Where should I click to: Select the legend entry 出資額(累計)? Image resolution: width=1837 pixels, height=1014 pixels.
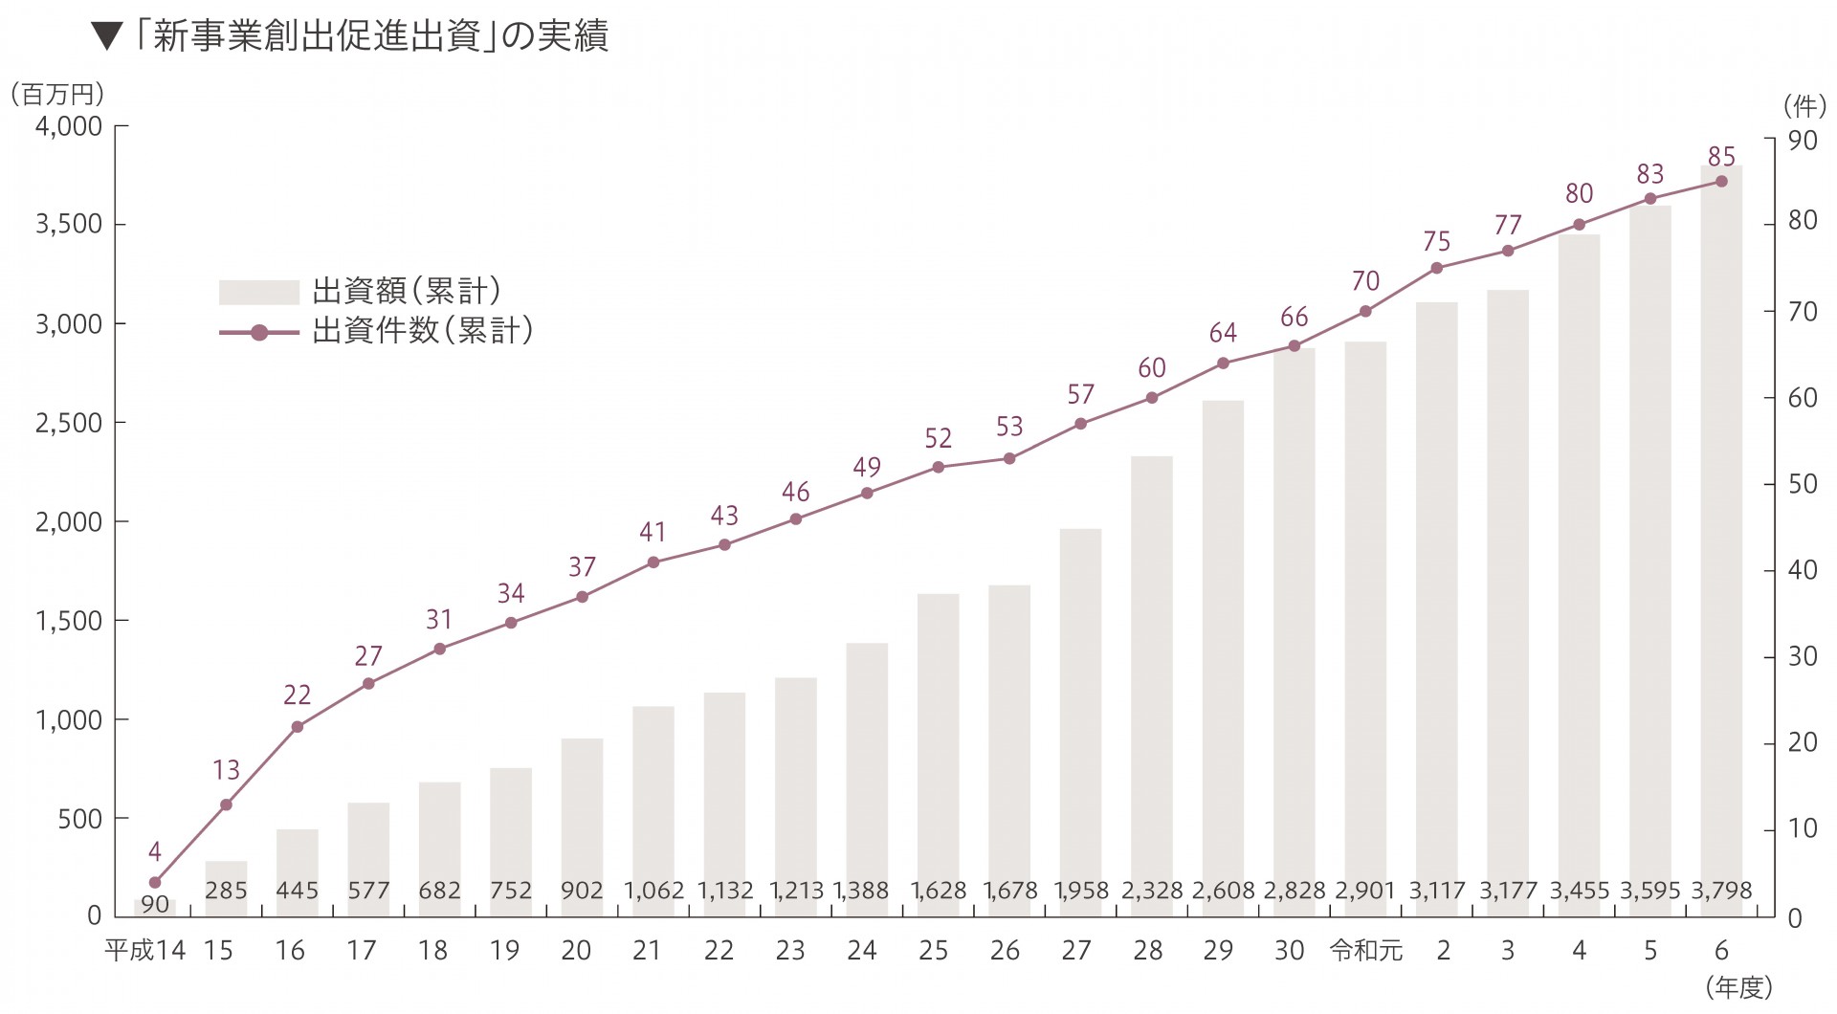(x=359, y=291)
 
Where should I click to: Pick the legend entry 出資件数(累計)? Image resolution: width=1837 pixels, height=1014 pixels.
(x=375, y=331)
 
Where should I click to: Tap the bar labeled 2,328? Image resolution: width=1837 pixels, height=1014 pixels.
(x=1151, y=670)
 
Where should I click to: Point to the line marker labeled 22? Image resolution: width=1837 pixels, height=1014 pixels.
(x=297, y=727)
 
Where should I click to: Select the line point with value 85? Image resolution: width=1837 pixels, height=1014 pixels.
(x=1721, y=181)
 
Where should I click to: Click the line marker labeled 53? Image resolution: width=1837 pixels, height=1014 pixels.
(x=1008, y=458)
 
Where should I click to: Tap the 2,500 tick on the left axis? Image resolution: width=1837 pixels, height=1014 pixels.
(x=68, y=423)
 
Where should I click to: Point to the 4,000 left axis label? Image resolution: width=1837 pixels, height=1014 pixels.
(x=68, y=126)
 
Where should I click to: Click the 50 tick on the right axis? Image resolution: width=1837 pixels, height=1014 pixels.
(x=1802, y=484)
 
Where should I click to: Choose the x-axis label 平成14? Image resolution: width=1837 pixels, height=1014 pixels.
(x=144, y=950)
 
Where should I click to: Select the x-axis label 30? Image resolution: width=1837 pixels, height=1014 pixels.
(x=1289, y=950)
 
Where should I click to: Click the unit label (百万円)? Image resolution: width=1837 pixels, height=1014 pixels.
(x=56, y=94)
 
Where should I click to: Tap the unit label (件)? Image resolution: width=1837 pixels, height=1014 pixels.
(x=1804, y=104)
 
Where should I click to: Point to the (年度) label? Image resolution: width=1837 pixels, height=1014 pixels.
(x=1738, y=987)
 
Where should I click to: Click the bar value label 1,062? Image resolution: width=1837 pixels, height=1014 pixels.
(x=654, y=891)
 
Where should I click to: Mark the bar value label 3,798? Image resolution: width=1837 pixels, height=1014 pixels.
(x=1721, y=891)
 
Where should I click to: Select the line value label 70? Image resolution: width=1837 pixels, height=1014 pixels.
(x=1365, y=281)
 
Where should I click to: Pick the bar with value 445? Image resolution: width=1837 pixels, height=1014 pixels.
(x=297, y=861)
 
